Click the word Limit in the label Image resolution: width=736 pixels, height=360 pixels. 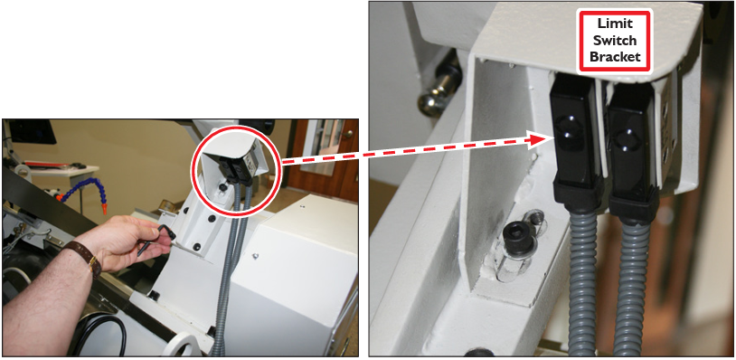tap(615, 24)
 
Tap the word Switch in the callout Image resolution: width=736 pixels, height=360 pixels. tap(615, 41)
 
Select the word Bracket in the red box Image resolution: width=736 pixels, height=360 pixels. tap(615, 57)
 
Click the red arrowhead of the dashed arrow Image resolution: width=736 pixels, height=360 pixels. tap(539, 140)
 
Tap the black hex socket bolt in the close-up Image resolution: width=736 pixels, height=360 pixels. tap(518, 240)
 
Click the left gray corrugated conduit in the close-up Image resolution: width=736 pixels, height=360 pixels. tap(582, 281)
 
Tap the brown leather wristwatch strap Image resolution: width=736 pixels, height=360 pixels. tap(83, 256)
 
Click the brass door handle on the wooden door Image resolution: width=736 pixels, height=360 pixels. tap(348, 134)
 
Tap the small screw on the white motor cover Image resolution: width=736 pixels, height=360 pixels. tap(255, 256)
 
